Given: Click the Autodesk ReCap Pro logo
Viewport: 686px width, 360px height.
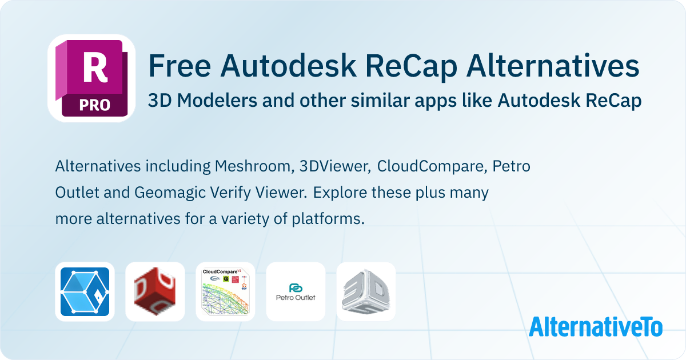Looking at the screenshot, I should coord(91,78).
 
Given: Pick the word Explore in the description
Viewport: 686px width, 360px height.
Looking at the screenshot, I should coord(340,193).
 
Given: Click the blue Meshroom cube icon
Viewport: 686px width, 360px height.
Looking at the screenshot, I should coord(85,291).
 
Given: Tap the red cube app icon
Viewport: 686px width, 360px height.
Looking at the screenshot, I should coord(155,291).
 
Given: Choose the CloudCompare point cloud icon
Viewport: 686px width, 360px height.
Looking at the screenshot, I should coord(225,291).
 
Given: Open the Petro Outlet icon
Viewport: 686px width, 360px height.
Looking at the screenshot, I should coord(296,291).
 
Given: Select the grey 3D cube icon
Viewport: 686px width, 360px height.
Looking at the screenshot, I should coord(366,291).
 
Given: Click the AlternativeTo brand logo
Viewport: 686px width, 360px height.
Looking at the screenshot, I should coord(595,326).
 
